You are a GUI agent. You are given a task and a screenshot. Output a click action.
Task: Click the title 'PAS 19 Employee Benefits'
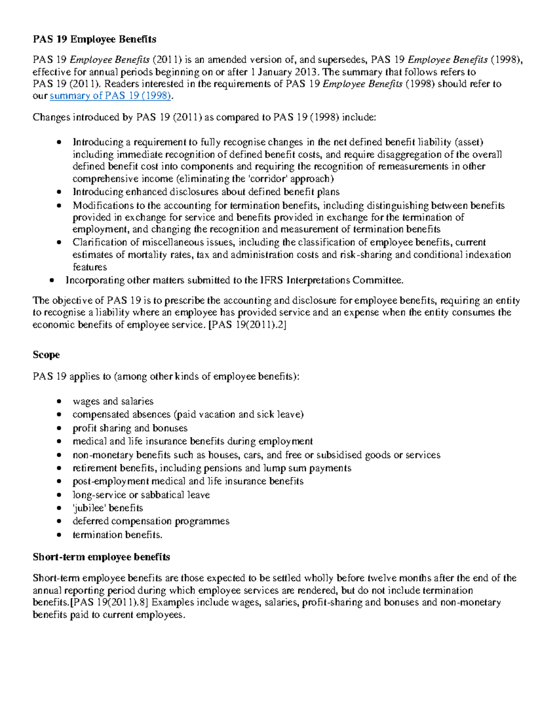point(94,39)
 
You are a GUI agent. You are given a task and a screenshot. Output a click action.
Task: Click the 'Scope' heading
point(46,355)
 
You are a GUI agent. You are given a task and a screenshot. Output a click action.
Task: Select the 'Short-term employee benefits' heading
point(101,556)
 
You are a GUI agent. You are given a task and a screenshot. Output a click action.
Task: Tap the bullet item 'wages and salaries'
point(113,401)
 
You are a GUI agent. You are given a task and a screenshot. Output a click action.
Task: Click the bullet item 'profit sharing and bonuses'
point(130,428)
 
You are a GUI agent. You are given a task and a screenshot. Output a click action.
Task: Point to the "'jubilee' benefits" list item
point(108,508)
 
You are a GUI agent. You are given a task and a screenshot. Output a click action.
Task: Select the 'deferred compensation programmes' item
point(151,521)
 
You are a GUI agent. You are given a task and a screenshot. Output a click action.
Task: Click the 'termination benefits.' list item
point(117,535)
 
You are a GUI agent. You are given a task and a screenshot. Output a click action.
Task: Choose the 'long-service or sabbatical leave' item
point(141,495)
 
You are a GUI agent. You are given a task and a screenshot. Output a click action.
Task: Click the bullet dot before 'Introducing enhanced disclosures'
point(58,192)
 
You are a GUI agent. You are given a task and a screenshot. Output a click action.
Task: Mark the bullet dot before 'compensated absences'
point(58,415)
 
